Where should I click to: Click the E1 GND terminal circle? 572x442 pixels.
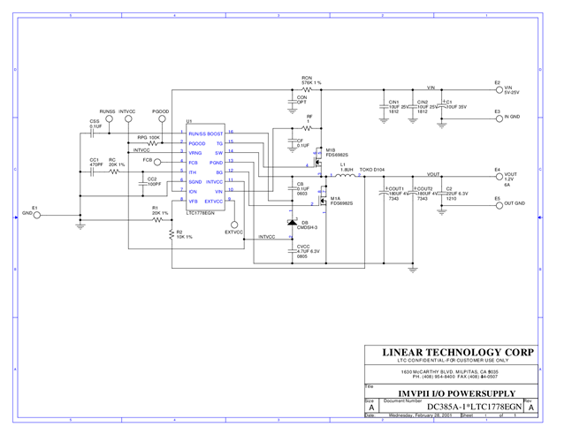(37, 214)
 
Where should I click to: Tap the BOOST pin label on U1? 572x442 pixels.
(215, 133)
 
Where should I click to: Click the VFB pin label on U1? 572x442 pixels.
(193, 202)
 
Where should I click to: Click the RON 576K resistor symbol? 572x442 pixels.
(306, 89)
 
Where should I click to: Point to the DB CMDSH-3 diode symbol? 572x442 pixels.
(293, 222)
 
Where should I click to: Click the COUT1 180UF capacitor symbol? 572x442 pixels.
(385, 191)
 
